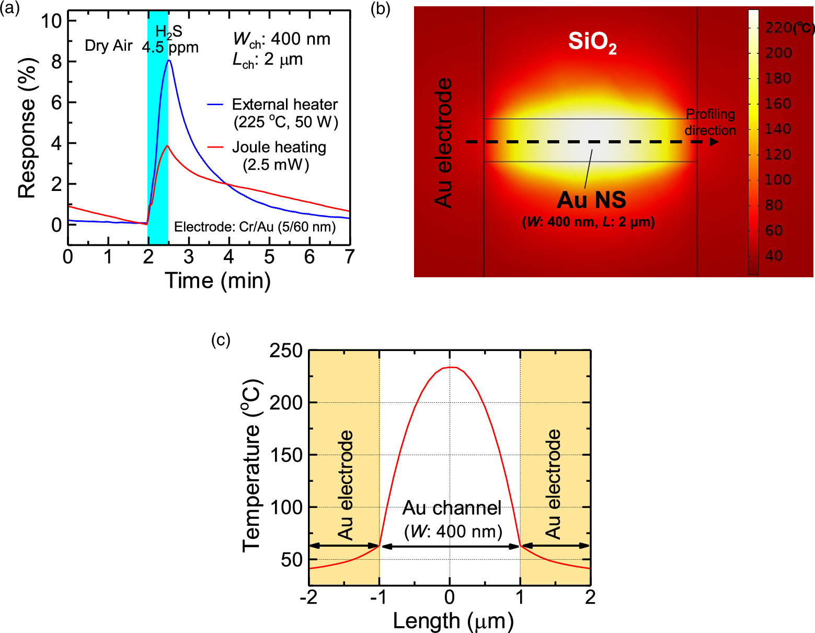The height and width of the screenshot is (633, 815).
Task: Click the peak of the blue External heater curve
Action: tap(169, 61)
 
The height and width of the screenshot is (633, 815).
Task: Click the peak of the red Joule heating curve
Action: tap(167, 146)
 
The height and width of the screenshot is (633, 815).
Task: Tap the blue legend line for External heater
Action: tap(215, 105)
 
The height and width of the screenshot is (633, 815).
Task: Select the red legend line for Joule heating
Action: tap(215, 148)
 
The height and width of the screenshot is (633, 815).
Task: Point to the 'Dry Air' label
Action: tap(109, 46)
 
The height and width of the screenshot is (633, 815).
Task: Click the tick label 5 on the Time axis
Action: tap(269, 257)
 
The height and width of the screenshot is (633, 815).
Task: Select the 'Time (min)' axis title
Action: tap(217, 281)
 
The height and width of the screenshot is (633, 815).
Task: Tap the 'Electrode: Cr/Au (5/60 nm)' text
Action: tap(255, 227)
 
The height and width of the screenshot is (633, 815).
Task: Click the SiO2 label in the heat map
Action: tap(592, 42)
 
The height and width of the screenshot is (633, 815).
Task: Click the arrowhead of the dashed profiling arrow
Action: tap(714, 142)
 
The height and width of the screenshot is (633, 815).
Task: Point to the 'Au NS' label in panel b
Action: tap(591, 200)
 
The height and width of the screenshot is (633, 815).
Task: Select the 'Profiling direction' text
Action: tap(710, 122)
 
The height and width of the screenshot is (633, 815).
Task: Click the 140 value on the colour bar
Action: tap(778, 129)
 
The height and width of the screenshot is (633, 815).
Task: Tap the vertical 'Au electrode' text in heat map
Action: tap(443, 143)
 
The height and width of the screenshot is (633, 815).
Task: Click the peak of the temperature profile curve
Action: tap(451, 367)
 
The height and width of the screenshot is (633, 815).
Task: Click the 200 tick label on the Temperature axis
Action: tap(286, 403)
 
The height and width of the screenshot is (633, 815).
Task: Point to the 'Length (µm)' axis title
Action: tap(453, 621)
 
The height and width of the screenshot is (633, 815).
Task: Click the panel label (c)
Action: tap(221, 340)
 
